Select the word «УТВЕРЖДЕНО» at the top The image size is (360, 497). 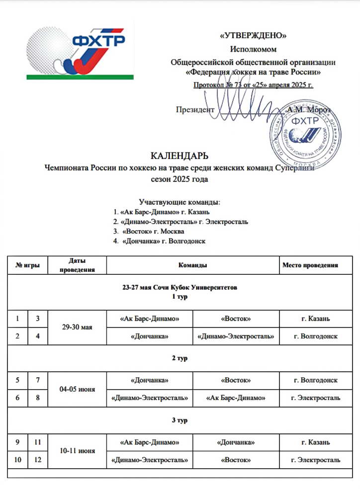point(253,35)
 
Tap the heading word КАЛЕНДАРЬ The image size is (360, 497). point(180,156)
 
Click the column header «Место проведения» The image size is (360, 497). point(310,265)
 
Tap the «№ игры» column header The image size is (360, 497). point(29,265)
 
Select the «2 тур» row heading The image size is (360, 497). point(180,358)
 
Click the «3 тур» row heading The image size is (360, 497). point(180,420)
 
